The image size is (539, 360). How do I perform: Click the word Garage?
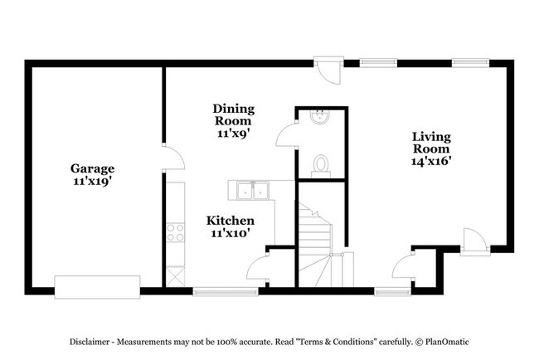click(x=92, y=168)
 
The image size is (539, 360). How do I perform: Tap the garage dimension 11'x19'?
click(x=92, y=181)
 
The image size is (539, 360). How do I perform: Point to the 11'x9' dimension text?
click(x=233, y=132)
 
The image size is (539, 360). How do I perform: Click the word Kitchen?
click(x=230, y=221)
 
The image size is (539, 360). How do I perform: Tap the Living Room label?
click(x=431, y=143)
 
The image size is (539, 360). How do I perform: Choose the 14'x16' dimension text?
click(x=431, y=163)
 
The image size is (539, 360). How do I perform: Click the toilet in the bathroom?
click(x=320, y=164)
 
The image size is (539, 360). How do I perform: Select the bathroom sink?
click(x=319, y=119)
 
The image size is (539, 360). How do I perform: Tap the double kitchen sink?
click(x=252, y=192)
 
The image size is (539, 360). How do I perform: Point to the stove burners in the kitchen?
click(x=175, y=232)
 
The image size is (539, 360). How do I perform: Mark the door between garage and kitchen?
click(x=168, y=160)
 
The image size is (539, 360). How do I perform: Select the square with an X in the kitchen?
click(x=174, y=275)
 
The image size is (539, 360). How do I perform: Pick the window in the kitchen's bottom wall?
click(x=225, y=290)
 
